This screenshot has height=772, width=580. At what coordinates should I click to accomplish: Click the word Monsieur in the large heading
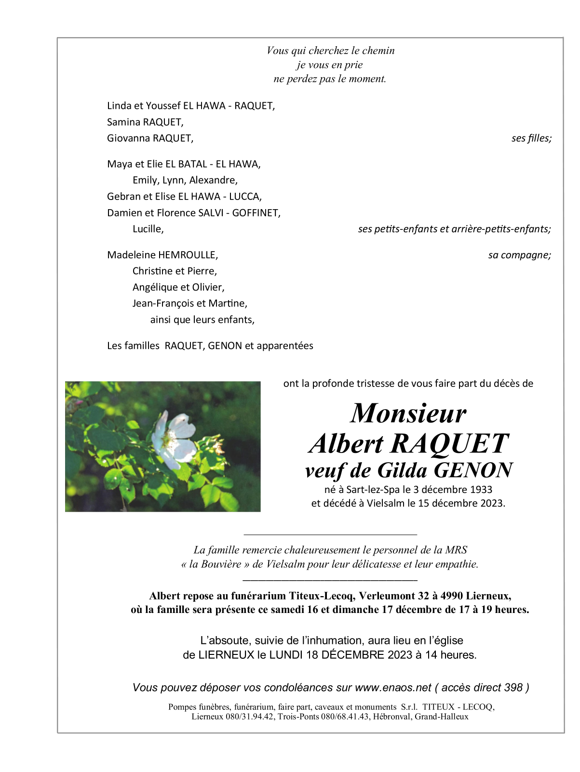pyautogui.click(x=408, y=413)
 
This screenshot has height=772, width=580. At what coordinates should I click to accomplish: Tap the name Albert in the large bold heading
pyautogui.click(x=346, y=443)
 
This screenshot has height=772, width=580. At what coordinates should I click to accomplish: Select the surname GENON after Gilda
pyautogui.click(x=473, y=470)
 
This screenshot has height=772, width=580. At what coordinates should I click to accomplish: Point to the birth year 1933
pyautogui.click(x=481, y=490)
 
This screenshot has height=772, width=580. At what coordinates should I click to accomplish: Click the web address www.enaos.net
pyautogui.click(x=393, y=688)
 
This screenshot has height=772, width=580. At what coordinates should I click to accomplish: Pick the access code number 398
pyautogui.click(x=513, y=688)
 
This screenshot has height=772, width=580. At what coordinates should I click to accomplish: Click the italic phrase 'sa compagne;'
pyautogui.click(x=519, y=255)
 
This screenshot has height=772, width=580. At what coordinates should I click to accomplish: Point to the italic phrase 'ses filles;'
pyautogui.click(x=531, y=138)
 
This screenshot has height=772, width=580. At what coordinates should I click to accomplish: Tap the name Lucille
pyautogui.click(x=148, y=229)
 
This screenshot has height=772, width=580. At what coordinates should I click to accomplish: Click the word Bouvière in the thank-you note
pyautogui.click(x=221, y=564)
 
